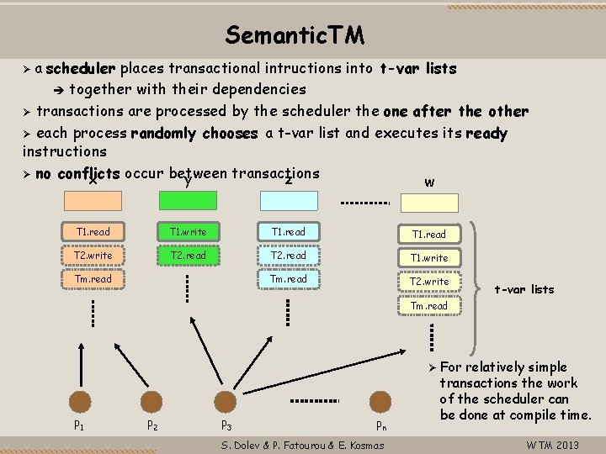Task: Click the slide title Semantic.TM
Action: tap(295, 35)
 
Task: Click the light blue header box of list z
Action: tap(289, 200)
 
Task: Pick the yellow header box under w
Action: tap(430, 204)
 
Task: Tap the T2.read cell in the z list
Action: tap(289, 255)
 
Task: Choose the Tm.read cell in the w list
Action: tap(430, 305)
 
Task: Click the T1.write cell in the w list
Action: tap(430, 257)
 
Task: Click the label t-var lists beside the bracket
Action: tap(524, 289)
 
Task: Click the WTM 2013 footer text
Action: tap(552, 445)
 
